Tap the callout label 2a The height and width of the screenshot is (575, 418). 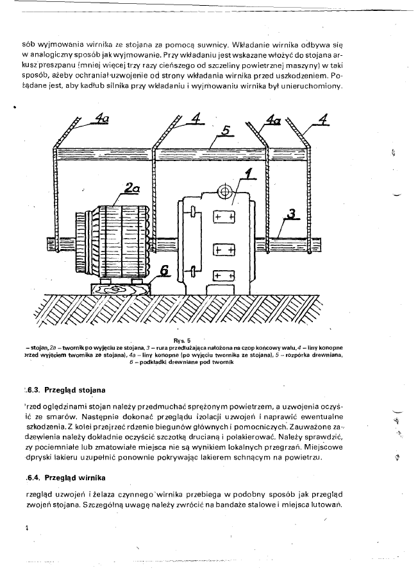click(x=132, y=187)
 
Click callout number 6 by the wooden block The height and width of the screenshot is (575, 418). click(x=165, y=272)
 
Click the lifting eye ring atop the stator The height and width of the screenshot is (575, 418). click(x=224, y=191)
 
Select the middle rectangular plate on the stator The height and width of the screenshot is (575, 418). click(x=223, y=247)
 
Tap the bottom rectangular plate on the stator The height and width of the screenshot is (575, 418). click(x=223, y=275)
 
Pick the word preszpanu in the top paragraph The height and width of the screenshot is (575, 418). click(x=56, y=66)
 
